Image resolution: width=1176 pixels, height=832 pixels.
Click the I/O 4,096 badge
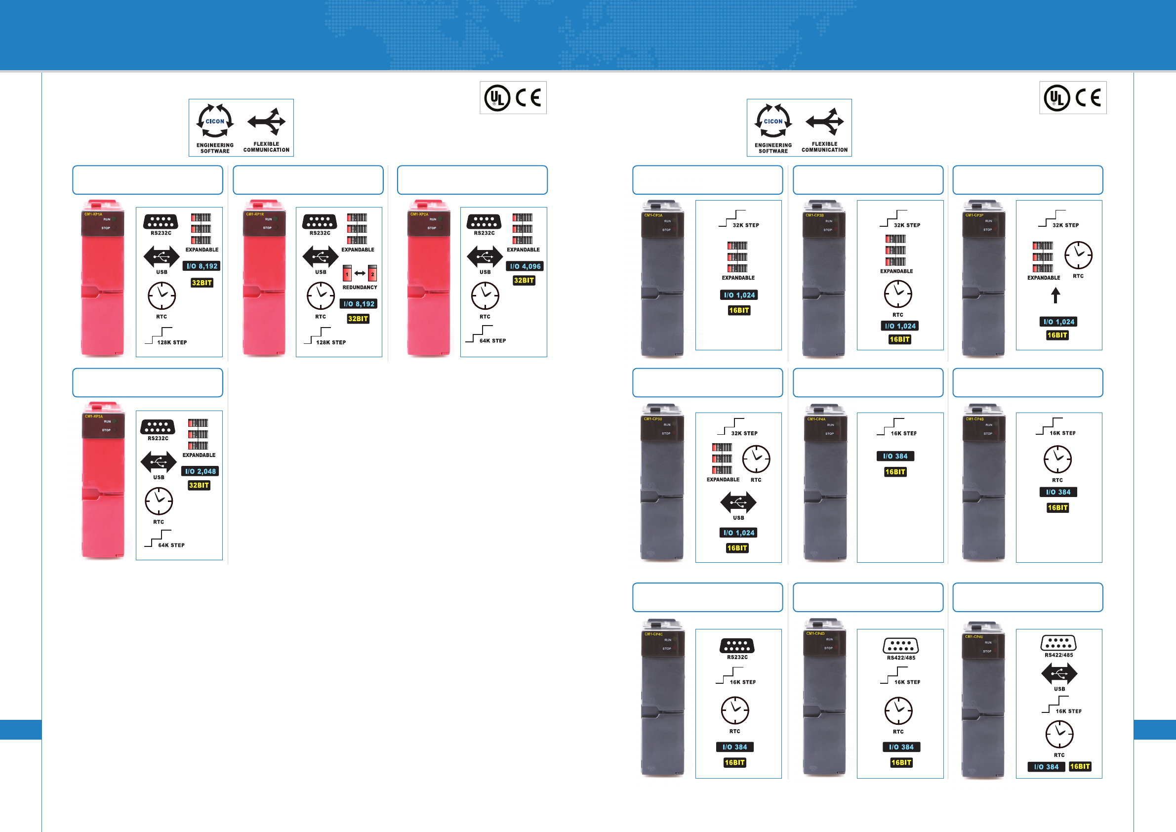[x=525, y=266]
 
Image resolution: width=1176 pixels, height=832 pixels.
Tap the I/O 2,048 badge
[x=200, y=471]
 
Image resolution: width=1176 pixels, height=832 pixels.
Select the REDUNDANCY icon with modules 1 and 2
[x=360, y=274]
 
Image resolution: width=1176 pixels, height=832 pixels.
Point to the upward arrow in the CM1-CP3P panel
[x=1055, y=295]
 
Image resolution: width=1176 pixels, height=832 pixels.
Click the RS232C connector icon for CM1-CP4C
[x=737, y=646]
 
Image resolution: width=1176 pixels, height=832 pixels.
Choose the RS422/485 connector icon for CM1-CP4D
[x=900, y=646]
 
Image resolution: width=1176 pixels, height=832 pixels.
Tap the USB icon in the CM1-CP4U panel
[x=1059, y=674]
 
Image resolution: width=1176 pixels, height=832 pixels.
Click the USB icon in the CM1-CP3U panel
[x=738, y=502]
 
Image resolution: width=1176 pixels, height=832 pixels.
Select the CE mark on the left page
[x=528, y=97]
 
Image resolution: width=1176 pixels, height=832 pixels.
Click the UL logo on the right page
[x=1057, y=98]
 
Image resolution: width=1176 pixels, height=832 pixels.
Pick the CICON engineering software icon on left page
[x=215, y=122]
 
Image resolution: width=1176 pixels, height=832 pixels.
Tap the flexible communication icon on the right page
[x=825, y=122]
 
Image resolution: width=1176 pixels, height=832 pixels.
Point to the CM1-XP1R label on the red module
[x=255, y=214]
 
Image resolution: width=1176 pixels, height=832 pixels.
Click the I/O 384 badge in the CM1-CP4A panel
[x=895, y=456]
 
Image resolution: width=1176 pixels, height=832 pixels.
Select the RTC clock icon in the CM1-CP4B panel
[x=1057, y=459]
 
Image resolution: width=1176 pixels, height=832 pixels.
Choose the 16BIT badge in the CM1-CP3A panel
[x=739, y=310]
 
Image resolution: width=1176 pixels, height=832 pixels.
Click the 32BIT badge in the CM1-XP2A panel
[x=524, y=280]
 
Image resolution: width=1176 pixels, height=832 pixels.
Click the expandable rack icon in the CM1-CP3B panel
[x=896, y=250]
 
